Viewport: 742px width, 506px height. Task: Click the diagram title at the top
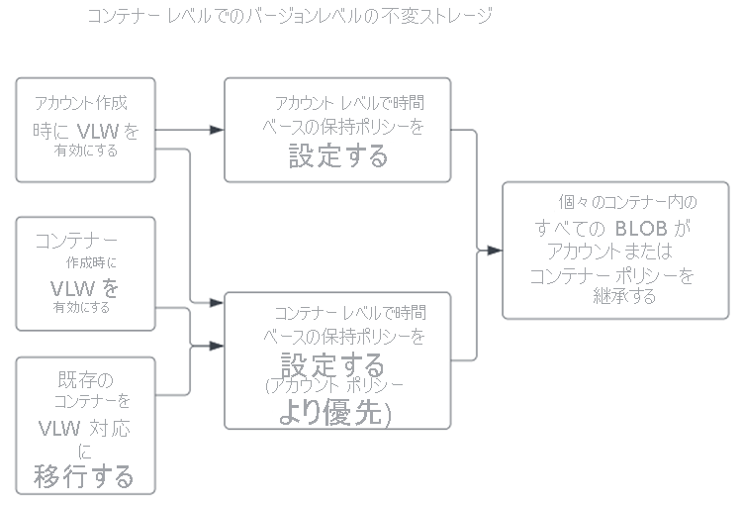tap(289, 17)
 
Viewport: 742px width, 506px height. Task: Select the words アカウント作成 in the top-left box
tap(81, 103)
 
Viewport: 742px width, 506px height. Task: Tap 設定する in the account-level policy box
tap(338, 156)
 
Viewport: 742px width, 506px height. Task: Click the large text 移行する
tap(84, 476)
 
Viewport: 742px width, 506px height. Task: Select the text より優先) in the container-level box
tap(334, 414)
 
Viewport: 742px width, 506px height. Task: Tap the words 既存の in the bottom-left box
tap(86, 380)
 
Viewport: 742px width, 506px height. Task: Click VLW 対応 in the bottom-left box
tap(85, 430)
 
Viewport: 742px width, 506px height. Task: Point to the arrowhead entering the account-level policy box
tap(217, 130)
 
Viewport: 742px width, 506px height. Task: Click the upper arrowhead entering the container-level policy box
tap(217, 302)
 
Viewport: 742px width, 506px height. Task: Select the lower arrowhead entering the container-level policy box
tap(217, 346)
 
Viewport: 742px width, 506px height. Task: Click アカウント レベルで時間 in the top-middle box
tap(350, 103)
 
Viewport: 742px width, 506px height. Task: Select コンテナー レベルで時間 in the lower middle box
tap(350, 313)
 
